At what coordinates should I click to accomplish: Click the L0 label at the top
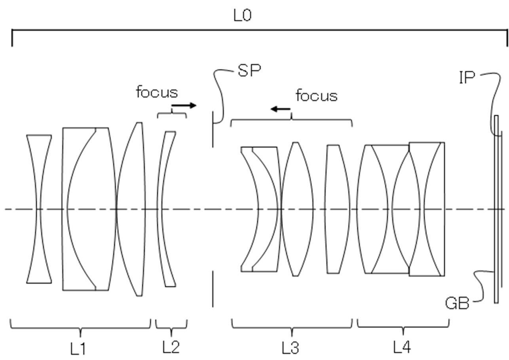(x=243, y=16)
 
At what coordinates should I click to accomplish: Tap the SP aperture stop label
(x=249, y=70)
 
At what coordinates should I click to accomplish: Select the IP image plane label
(x=467, y=78)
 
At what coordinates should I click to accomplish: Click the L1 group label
(x=78, y=349)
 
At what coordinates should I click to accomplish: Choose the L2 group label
(x=171, y=347)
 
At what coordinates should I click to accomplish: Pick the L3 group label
(x=291, y=348)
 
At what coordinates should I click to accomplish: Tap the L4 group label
(x=402, y=347)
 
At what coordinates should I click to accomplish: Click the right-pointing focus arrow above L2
(x=184, y=105)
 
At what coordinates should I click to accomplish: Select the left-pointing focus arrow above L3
(x=280, y=109)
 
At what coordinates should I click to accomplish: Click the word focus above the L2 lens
(x=157, y=92)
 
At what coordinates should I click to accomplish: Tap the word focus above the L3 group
(x=317, y=95)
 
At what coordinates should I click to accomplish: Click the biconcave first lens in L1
(x=39, y=209)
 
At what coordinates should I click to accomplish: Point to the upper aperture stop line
(x=213, y=129)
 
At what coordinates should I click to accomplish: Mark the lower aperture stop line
(x=213, y=289)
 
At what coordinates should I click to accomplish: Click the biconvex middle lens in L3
(x=296, y=209)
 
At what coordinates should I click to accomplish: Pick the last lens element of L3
(x=337, y=209)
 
